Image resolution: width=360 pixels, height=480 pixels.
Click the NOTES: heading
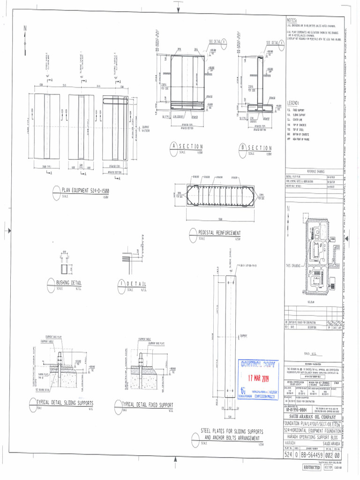click(x=293, y=21)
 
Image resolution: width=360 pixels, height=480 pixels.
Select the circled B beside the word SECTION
click(x=242, y=147)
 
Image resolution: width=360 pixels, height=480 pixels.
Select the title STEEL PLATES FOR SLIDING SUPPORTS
click(x=232, y=431)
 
